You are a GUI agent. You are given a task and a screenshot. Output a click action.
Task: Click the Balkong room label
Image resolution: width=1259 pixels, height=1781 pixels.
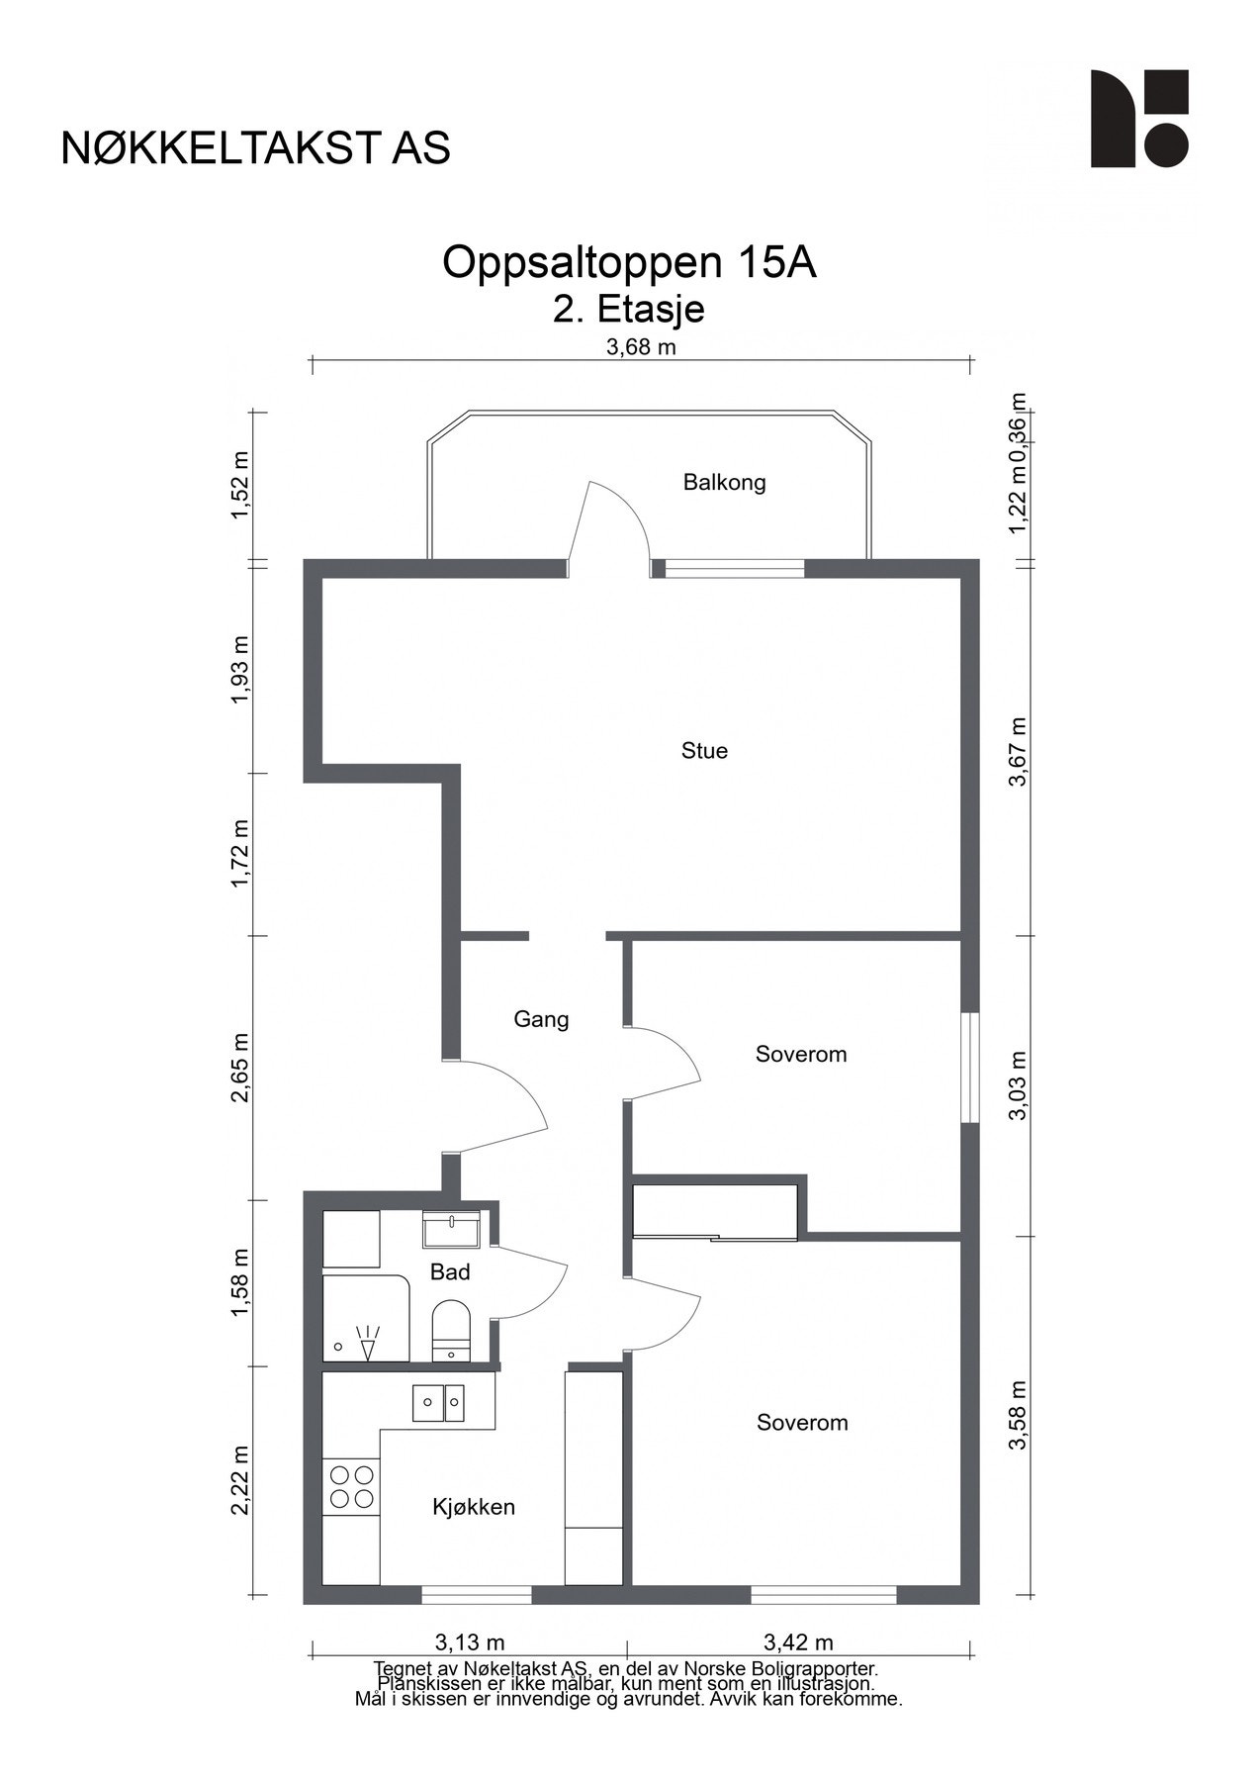click(x=724, y=483)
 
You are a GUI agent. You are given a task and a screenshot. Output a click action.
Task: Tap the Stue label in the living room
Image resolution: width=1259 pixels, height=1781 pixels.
click(x=704, y=751)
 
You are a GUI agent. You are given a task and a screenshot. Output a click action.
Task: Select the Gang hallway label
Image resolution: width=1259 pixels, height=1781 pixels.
click(x=541, y=1019)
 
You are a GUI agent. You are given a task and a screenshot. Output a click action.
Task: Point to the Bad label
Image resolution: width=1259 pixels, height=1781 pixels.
click(x=450, y=1272)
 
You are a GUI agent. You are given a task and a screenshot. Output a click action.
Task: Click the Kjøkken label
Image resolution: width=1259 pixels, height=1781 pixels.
click(x=474, y=1507)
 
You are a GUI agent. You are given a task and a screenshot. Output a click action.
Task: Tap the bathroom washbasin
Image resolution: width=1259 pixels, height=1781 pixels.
click(x=451, y=1230)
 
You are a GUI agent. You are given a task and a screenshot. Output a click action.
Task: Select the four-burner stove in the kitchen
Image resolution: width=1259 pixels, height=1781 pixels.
click(x=351, y=1487)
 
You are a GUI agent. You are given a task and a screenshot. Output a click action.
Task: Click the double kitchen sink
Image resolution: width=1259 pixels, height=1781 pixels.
click(x=439, y=1403)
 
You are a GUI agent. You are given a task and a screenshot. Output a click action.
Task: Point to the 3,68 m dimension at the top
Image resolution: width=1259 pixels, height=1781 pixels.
click(x=641, y=346)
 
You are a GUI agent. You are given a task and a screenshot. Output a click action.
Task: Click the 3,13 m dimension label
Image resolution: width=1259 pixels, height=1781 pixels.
click(x=470, y=1643)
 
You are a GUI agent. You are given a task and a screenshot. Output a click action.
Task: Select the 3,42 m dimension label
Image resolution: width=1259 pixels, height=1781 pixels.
click(x=798, y=1643)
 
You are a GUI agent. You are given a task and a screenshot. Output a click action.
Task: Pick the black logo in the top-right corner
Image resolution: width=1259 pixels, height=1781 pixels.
click(x=1139, y=119)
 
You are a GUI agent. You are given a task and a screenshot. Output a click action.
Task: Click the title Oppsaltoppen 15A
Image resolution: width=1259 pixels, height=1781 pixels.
click(x=629, y=262)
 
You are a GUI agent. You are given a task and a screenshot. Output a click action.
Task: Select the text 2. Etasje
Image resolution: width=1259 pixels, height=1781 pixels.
click(x=629, y=310)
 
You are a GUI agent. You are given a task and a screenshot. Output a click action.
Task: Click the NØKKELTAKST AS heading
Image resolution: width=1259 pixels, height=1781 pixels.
click(x=256, y=147)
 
